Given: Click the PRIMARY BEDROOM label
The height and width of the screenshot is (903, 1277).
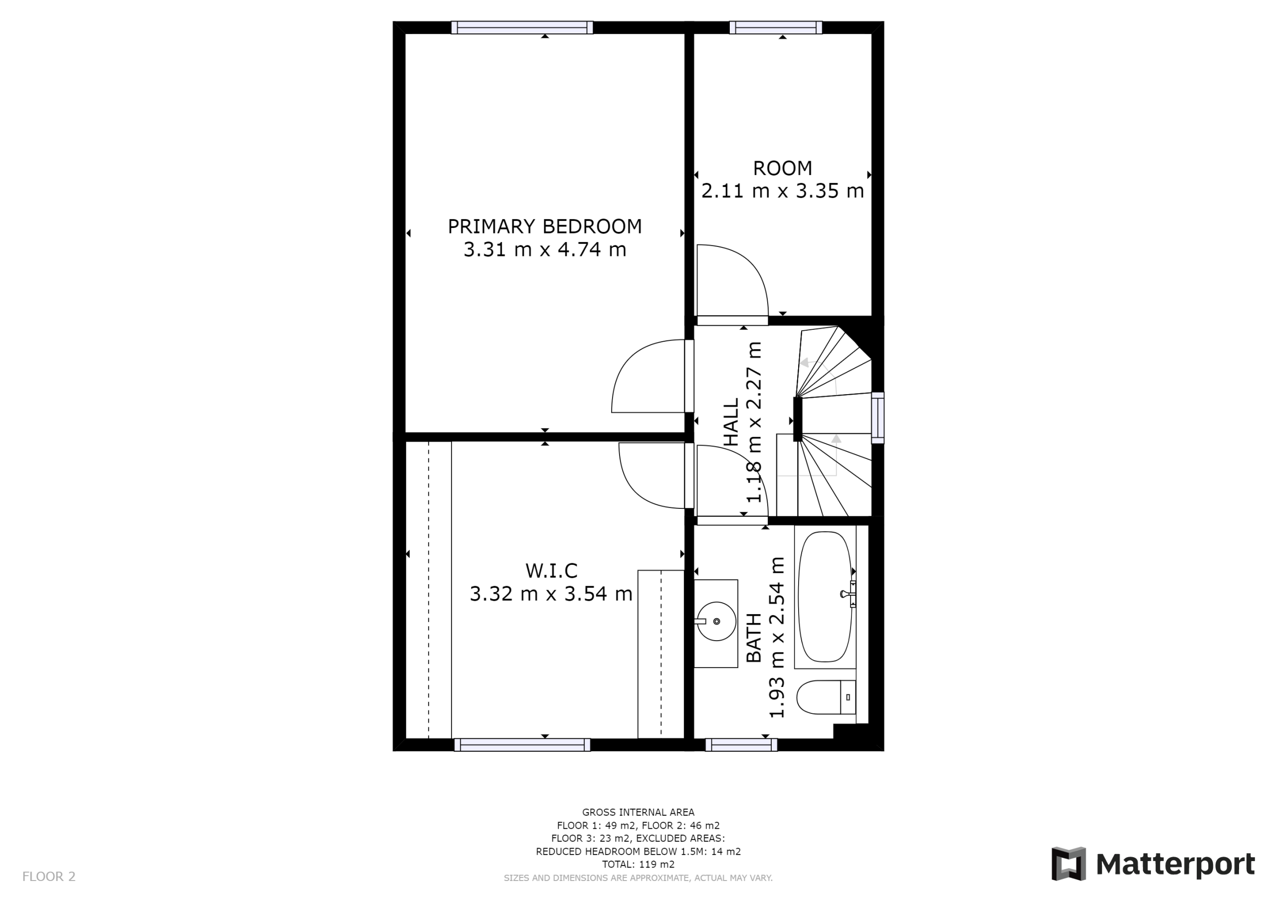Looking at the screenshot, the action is pos(545,226).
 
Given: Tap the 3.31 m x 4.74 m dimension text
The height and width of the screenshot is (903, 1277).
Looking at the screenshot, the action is pos(545,249).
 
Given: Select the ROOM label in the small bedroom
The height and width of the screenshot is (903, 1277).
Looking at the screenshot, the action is pos(782,168).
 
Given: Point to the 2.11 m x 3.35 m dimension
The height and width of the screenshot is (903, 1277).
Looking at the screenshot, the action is pos(782,191).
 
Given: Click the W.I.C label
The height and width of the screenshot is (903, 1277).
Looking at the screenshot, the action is pos(551,571).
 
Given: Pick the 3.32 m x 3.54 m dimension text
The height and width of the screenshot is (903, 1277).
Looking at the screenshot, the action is pos(551,594).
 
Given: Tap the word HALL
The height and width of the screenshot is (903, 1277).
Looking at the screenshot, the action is pos(731,422).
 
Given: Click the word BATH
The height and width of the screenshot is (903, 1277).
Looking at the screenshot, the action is pos(754,638).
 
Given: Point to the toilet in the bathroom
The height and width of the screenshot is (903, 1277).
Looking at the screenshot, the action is pos(826,697).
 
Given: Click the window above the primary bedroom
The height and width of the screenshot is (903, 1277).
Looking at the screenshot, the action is pos(522,27).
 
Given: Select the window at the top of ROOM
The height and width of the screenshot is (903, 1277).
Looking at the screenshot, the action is pos(775,27).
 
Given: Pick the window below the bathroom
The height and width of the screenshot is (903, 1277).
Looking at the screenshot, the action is pos(741,744).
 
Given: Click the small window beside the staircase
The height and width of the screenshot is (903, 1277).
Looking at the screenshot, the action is pos(877,418).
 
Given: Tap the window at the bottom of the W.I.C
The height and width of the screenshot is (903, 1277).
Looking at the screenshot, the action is pos(522,744).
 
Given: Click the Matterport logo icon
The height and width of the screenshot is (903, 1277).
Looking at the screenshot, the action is pos(1068,864).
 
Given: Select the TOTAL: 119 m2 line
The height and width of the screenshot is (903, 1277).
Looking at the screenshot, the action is pos(638,864).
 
